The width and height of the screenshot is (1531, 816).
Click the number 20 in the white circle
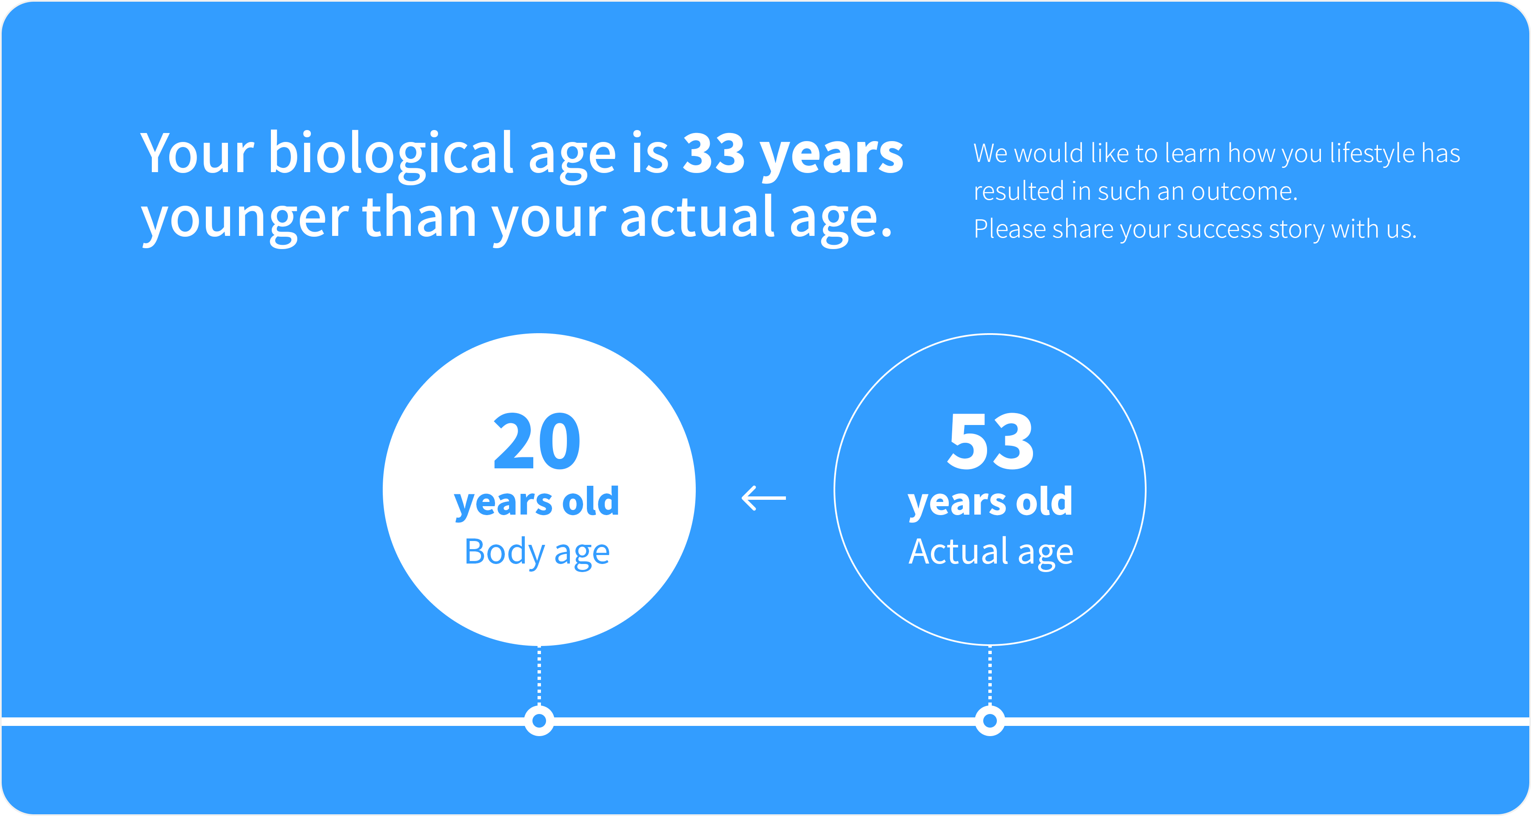[x=537, y=441]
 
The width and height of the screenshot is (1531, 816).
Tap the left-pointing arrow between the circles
[x=764, y=498]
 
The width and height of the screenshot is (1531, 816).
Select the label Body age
[x=537, y=553]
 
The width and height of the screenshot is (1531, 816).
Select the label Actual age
[x=991, y=553]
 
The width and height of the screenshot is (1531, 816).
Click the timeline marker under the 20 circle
[x=539, y=721]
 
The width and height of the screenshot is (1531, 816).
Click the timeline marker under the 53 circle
[x=990, y=721]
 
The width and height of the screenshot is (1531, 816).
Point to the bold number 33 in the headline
[x=714, y=153]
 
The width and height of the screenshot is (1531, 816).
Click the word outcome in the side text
[x=1244, y=192]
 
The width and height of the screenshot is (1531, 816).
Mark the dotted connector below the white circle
[x=539, y=676]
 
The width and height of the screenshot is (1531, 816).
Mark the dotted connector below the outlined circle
[x=990, y=676]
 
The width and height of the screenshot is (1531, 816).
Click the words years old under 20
[x=537, y=502]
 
